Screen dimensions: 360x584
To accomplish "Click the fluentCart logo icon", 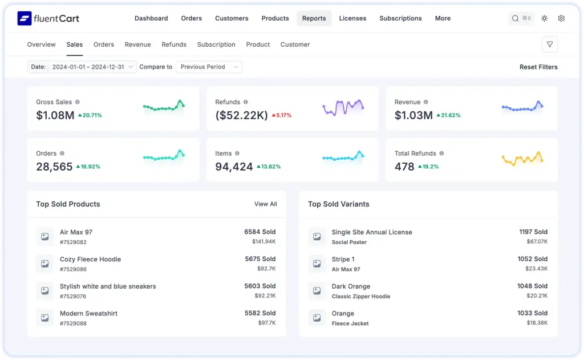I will pos(25,18).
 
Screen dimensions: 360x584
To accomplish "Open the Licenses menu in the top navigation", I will pos(352,18).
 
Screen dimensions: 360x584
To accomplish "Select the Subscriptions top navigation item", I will pos(400,18).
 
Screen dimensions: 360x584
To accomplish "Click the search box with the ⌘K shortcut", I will pos(521,18).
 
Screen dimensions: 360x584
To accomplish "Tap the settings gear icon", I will pos(561,18).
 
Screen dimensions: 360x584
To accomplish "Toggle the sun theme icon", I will pos(545,18).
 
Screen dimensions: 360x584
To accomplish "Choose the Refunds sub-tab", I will pos(174,45).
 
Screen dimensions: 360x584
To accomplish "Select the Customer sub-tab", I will pos(295,45).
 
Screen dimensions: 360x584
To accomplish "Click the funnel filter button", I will pos(549,45).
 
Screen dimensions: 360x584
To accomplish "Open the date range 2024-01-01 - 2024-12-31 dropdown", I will pos(92,67).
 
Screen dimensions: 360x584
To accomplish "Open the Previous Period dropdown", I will pos(208,67).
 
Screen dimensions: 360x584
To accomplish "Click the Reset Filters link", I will pos(538,67).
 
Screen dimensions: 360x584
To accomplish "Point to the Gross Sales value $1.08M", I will pos(55,115).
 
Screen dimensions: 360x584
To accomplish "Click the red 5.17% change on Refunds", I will pos(281,115).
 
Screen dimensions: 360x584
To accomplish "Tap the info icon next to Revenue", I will pos(425,102).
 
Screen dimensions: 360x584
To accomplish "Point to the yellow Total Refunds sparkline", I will pos(522,159).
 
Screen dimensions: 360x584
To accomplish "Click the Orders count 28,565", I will pos(54,167).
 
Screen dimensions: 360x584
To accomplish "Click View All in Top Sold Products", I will pos(265,204).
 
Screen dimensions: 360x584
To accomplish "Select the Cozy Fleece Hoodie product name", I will pos(90,259).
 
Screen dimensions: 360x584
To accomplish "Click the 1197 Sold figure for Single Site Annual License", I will pos(533,232).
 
